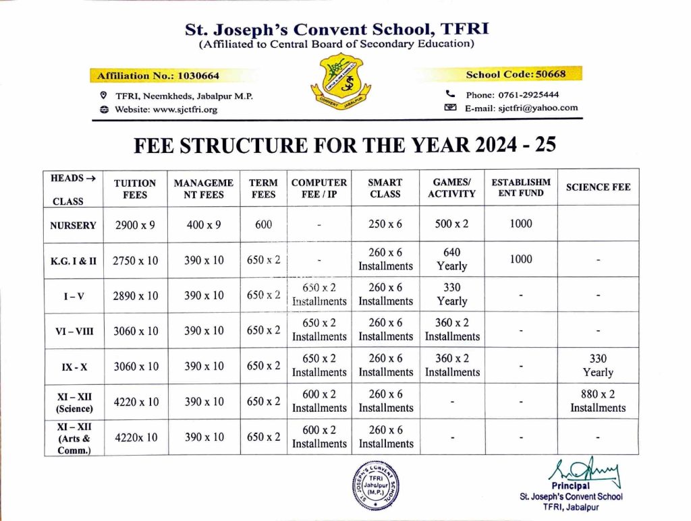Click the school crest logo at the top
pos(339,84)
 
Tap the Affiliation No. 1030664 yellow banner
pos(159,75)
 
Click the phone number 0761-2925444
pos(512,94)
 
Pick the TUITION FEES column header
pos(135,189)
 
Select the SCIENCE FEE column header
pos(598,187)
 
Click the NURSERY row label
pos(73,225)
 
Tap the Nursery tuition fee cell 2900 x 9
pos(135,225)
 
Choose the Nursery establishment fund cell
pos(520,224)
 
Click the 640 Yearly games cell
pos(451,259)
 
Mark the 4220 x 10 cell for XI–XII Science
pos(137,402)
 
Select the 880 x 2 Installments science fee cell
pos(598,401)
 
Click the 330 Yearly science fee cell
pos(598,365)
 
